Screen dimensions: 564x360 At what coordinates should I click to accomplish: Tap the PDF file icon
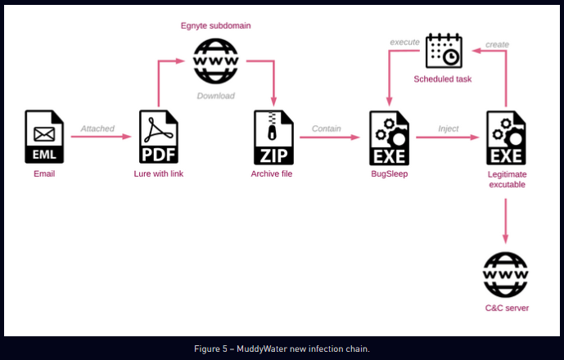pos(159,137)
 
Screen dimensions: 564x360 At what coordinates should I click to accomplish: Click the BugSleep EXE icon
pos(389,137)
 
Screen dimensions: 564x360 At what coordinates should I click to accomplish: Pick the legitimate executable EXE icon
pos(506,137)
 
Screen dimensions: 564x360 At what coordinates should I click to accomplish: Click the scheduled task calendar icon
pos(444,51)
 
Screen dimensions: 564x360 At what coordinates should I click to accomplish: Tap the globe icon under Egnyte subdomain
pos(215,61)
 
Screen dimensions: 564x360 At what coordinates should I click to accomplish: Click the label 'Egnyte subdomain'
pos(215,25)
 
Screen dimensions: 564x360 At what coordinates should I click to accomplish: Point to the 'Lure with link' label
pos(159,173)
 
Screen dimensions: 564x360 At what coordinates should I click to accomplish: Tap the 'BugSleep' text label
pos(389,173)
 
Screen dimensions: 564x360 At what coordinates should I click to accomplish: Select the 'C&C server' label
pos(506,308)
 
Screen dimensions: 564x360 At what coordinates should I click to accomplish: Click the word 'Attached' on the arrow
pos(97,128)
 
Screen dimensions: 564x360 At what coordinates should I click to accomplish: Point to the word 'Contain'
pos(327,128)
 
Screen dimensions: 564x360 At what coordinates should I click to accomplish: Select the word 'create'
pos(497,43)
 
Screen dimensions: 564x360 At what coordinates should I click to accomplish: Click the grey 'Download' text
pos(215,96)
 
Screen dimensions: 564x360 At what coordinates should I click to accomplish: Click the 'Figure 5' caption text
pos(282,349)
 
